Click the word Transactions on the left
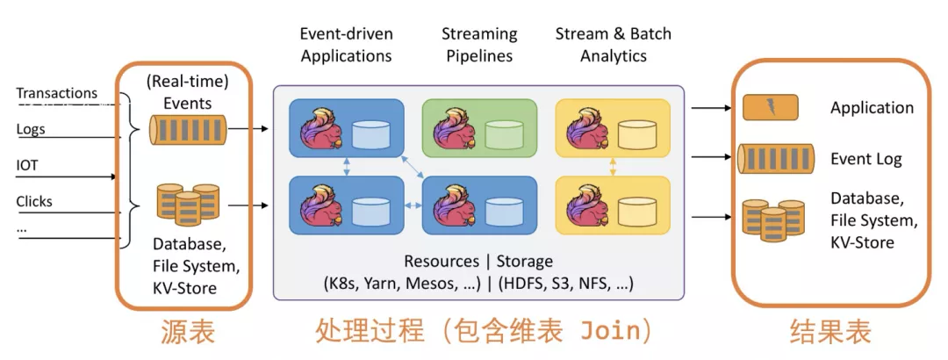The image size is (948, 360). (56, 93)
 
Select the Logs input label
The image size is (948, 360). (31, 129)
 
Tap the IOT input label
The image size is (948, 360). (27, 165)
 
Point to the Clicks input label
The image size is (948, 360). (34, 201)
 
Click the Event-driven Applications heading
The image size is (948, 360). (346, 45)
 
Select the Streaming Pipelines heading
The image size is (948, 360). (479, 45)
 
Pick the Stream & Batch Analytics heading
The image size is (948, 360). (613, 45)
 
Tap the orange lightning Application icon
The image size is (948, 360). (770, 107)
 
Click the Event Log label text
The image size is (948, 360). (866, 159)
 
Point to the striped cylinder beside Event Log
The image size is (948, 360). (775, 159)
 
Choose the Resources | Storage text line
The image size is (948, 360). (478, 261)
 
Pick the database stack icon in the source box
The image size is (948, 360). (187, 205)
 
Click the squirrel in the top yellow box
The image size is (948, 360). (587, 128)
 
